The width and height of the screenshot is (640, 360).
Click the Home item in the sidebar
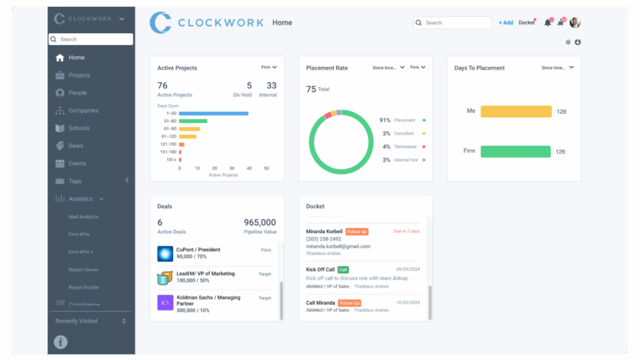pyautogui.click(x=76, y=57)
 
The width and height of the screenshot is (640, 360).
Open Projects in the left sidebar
pyautogui.click(x=79, y=75)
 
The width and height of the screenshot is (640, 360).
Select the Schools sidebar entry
pyautogui.click(x=79, y=128)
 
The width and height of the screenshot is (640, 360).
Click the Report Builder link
pyautogui.click(x=83, y=287)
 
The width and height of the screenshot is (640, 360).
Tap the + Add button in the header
pyautogui.click(x=506, y=22)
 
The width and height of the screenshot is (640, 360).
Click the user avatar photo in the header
pyautogui.click(x=575, y=22)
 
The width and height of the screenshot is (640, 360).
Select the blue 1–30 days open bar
pyautogui.click(x=214, y=113)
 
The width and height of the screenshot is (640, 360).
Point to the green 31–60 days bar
pyautogui.click(x=193, y=121)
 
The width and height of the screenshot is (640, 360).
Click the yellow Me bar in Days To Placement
pyautogui.click(x=516, y=111)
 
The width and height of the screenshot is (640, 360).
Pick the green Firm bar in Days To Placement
pyautogui.click(x=515, y=151)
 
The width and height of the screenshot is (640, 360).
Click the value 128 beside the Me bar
pyautogui.click(x=561, y=112)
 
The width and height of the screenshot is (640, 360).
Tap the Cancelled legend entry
pyautogui.click(x=404, y=134)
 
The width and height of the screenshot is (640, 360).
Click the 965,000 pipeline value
pyautogui.click(x=259, y=222)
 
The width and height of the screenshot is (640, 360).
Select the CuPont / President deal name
pyautogui.click(x=198, y=249)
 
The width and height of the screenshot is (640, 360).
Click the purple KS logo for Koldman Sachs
pyautogui.click(x=165, y=302)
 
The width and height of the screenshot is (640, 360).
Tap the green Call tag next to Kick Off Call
pyautogui.click(x=343, y=270)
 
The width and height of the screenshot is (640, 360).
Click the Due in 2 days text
pyautogui.click(x=407, y=231)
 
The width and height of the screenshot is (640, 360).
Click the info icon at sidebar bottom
pyautogui.click(x=61, y=342)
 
